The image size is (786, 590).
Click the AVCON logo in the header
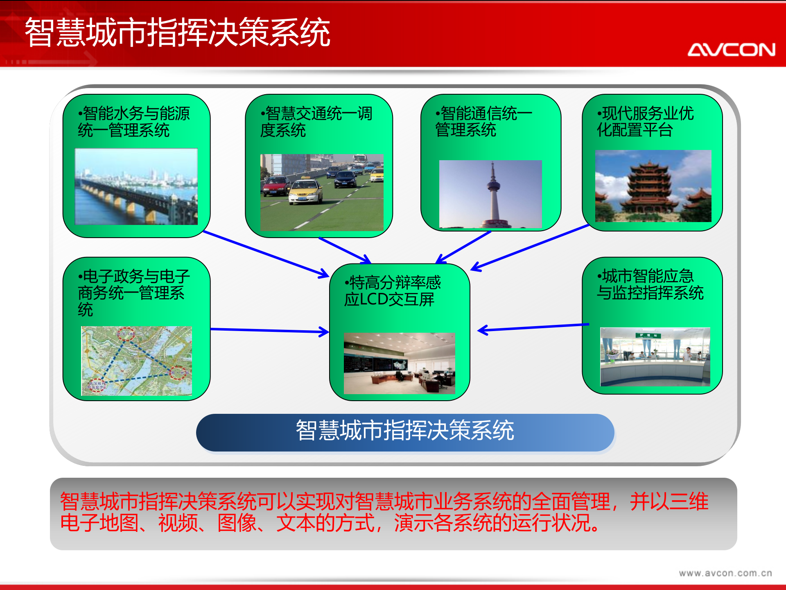click(x=731, y=50)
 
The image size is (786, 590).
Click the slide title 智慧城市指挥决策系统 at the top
click(x=177, y=32)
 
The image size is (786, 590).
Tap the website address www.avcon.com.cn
click(x=725, y=573)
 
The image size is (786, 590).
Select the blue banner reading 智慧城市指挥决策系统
click(x=405, y=432)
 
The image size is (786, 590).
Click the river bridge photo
click(x=136, y=186)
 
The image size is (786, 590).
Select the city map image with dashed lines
click(x=136, y=361)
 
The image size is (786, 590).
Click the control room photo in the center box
click(x=399, y=363)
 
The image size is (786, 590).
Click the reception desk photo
click(x=655, y=356)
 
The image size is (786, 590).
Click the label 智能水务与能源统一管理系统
click(x=133, y=122)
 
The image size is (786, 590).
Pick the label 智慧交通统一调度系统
click(x=316, y=122)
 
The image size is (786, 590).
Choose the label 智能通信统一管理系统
click(x=483, y=122)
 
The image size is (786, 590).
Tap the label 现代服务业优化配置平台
click(x=645, y=122)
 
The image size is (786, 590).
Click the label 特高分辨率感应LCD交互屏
click(x=392, y=291)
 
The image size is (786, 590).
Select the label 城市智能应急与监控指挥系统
click(x=650, y=285)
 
